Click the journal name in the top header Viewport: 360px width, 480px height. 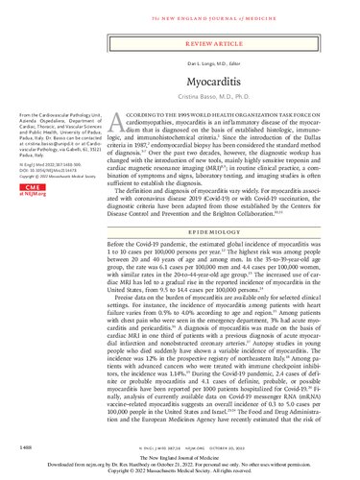[x=180, y=10]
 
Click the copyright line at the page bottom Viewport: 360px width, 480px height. [x=180, y=472]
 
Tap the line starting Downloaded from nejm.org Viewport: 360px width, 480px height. [x=180, y=466]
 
